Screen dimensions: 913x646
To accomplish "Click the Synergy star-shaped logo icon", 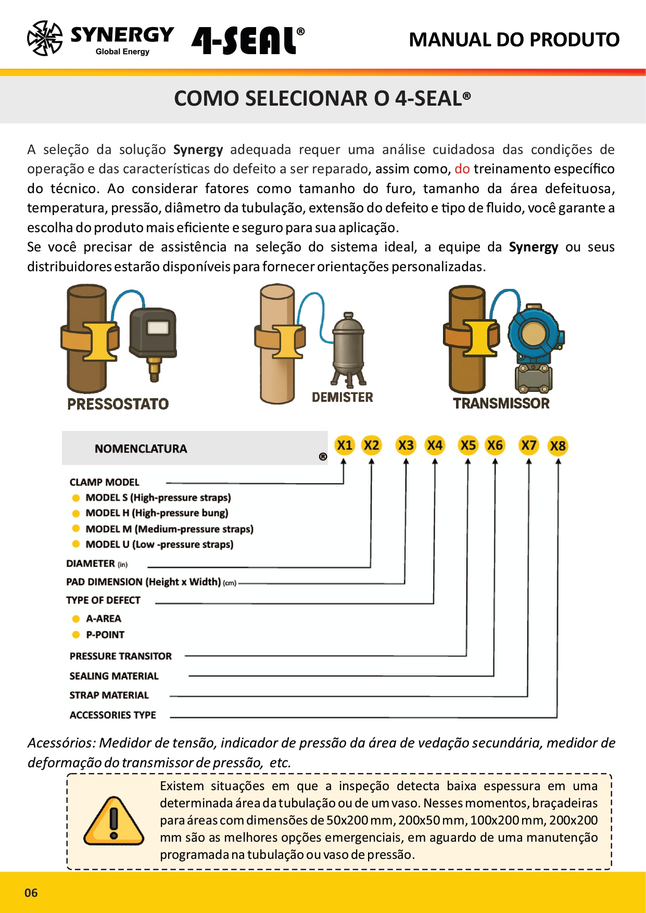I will point(45,38).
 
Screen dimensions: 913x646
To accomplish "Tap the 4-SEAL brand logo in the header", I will point(248,40).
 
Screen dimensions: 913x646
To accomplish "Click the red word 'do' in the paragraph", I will point(462,169).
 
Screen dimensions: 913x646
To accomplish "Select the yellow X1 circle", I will point(345,446).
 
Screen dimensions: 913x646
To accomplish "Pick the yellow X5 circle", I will point(468,446).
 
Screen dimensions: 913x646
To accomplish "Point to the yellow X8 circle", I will point(558,446).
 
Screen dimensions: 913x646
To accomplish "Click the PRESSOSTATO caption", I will point(118,404).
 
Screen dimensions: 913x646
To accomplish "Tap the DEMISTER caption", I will point(342,397).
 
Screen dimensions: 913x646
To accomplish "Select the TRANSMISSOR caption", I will point(501,403).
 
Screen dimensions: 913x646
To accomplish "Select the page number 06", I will point(31,893).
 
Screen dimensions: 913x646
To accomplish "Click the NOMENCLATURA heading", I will point(141,449).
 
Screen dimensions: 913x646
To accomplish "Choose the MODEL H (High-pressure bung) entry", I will point(157,513).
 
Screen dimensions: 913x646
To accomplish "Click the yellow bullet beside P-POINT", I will point(76,635).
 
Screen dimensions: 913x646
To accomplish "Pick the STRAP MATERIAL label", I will point(109,695).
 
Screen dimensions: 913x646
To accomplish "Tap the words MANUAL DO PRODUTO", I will point(514,40).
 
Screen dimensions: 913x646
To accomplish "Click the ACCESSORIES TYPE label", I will point(112,715).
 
